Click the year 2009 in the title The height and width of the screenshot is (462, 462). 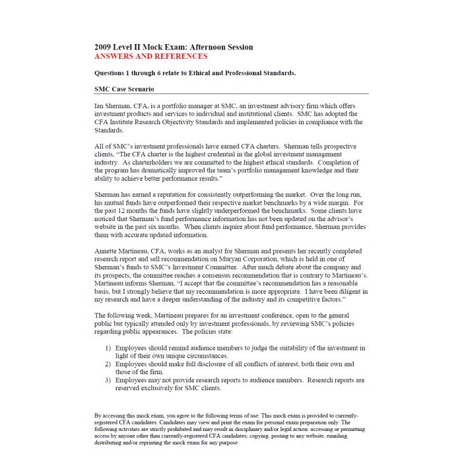click(104, 48)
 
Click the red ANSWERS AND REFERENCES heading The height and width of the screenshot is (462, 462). click(146, 57)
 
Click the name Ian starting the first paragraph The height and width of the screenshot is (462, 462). click(100, 106)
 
